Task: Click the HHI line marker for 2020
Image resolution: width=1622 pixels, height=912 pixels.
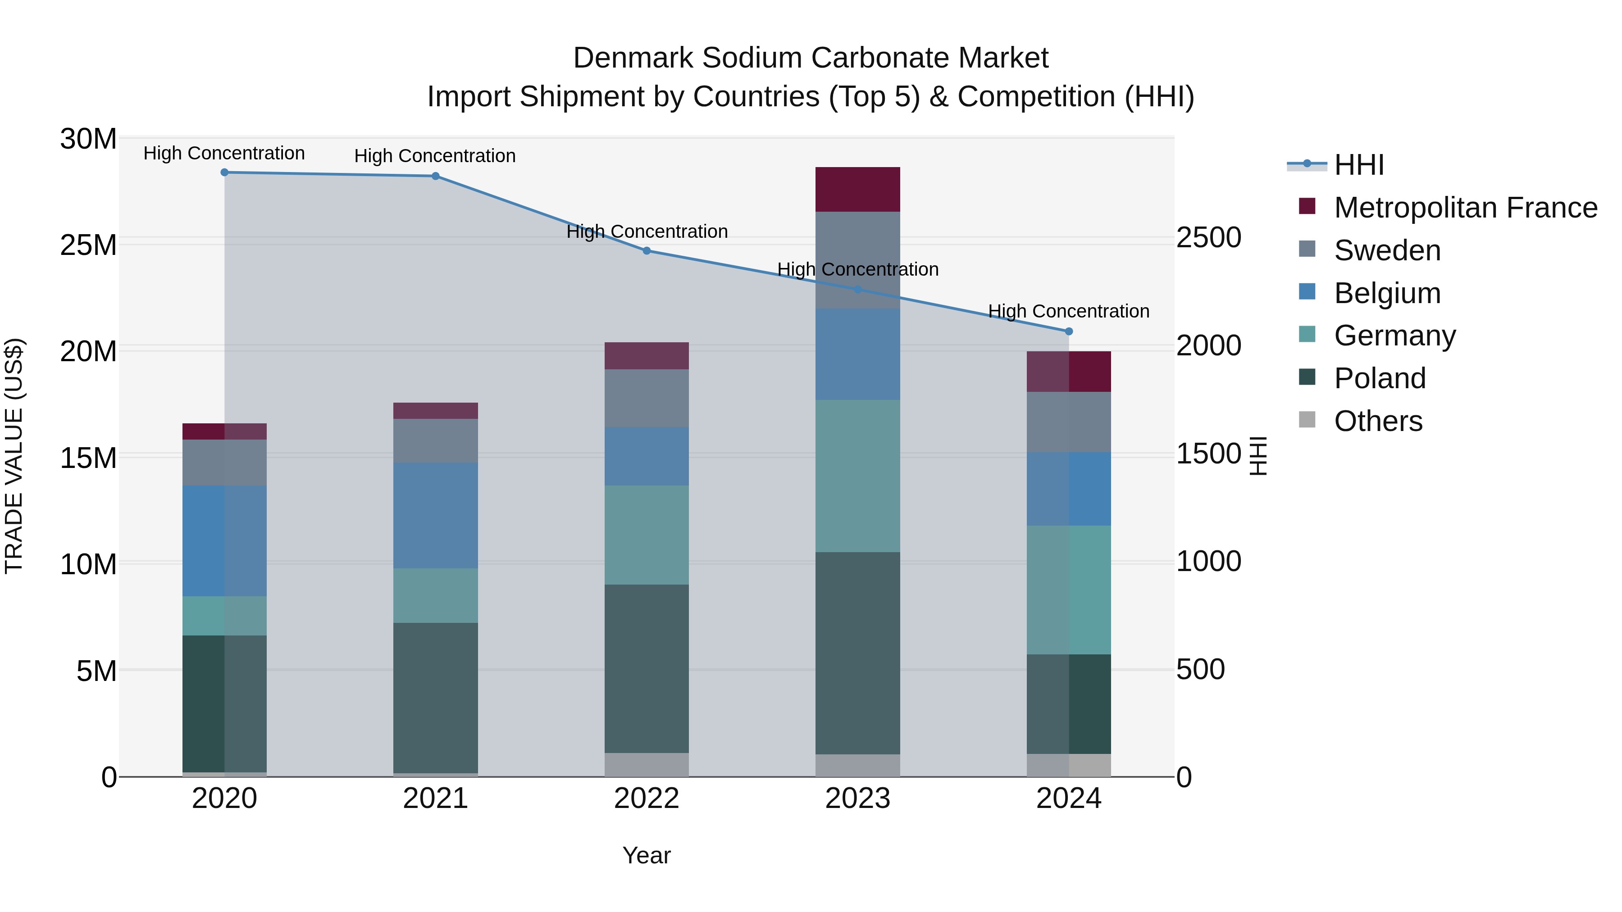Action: pos(224,172)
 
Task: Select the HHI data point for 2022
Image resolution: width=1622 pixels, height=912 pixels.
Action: pos(647,250)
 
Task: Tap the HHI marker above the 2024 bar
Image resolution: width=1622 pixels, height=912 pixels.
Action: pos(1069,331)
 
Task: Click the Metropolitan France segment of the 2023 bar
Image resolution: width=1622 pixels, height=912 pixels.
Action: pos(857,190)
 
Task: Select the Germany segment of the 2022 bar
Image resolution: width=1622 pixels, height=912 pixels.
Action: pos(647,535)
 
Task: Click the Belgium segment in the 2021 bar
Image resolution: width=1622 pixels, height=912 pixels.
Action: pos(436,516)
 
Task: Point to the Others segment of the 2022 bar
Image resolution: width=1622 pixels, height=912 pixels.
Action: pos(647,765)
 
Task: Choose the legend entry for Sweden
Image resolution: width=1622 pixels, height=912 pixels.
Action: pos(1387,250)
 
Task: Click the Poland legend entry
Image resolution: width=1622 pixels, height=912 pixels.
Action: pos(1380,378)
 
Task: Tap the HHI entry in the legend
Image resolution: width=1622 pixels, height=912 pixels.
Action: pos(1359,165)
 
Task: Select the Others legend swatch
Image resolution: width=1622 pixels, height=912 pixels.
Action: pos(1307,420)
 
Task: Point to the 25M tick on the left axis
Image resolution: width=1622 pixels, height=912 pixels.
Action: pos(88,245)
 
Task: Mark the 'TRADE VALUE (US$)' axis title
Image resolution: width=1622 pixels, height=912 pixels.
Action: pos(14,456)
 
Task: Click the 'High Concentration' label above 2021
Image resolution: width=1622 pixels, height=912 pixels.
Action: pos(435,156)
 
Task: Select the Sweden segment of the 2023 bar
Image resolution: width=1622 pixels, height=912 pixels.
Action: pos(857,260)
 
